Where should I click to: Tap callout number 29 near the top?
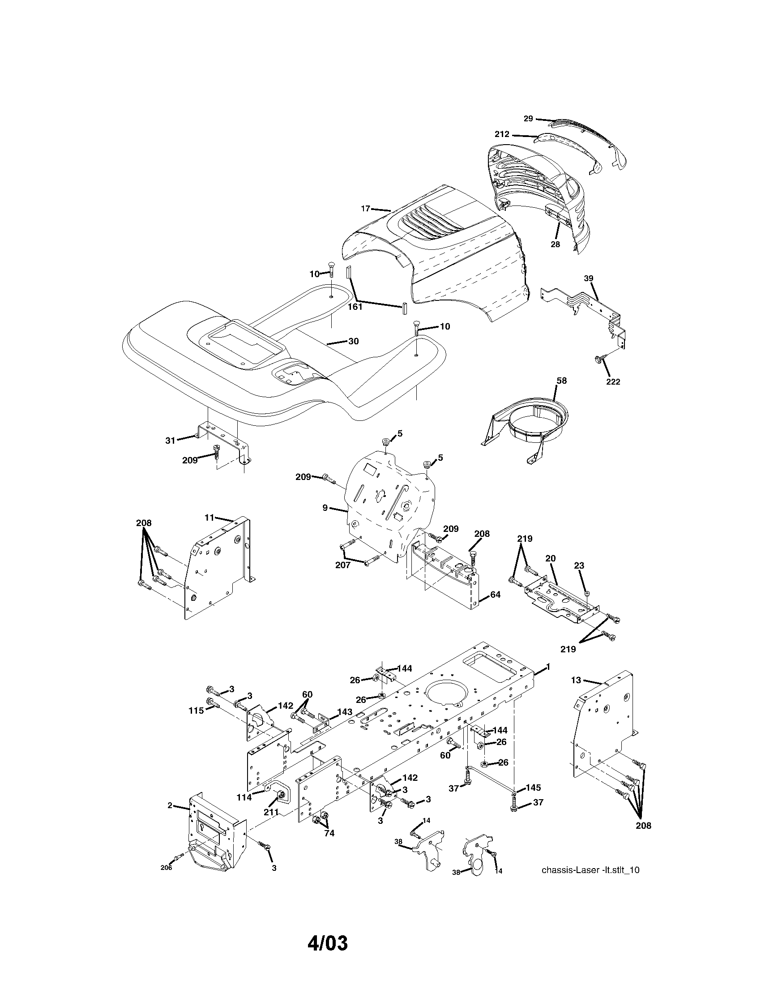pos(528,119)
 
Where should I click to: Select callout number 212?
pos(502,134)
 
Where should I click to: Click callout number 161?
pos(355,307)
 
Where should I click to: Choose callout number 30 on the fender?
pos(354,342)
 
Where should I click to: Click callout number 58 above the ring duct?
pos(561,381)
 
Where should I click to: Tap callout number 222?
pos(613,381)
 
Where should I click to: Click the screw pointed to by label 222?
pos(597,359)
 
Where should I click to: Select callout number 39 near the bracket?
pos(589,278)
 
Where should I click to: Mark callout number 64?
pos(495,595)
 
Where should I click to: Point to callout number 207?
pos(342,565)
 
